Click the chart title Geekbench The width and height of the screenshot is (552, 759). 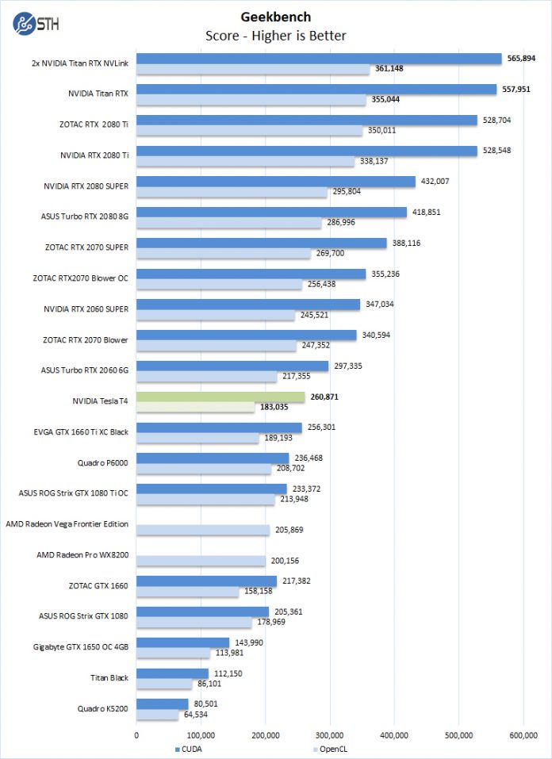(275, 16)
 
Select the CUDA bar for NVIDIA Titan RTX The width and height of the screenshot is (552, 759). (316, 90)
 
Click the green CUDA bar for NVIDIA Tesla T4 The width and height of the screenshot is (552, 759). (220, 397)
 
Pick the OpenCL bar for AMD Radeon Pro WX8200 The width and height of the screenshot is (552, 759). (201, 561)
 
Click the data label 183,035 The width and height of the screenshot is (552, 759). (275, 408)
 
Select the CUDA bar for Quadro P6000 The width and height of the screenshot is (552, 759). (213, 458)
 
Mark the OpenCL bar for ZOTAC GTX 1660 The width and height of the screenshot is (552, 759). (188, 592)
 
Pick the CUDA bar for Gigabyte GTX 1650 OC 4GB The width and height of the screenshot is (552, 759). (183, 642)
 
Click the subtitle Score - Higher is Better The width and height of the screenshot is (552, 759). (275, 35)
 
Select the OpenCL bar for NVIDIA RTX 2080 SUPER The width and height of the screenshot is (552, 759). (232, 192)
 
